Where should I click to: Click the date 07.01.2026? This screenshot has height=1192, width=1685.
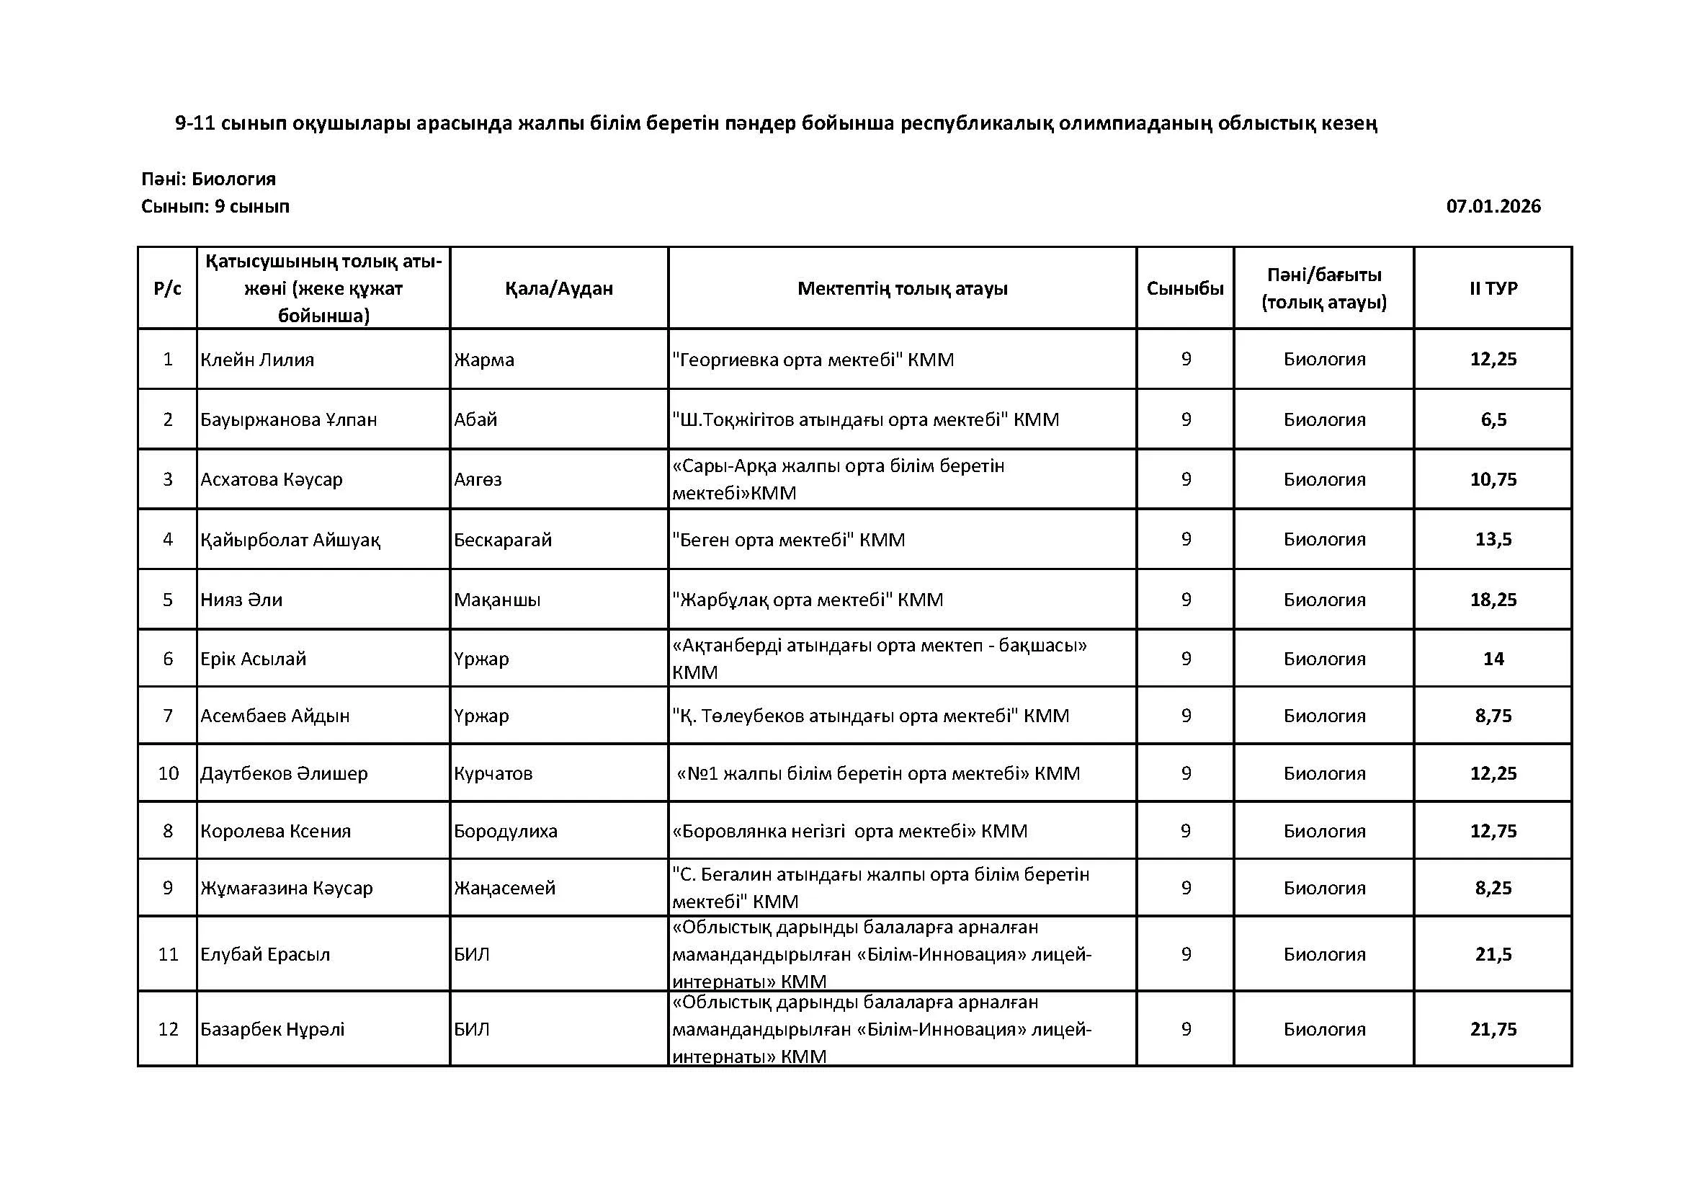pos(1493,206)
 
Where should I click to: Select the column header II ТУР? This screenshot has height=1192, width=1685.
pos(1493,288)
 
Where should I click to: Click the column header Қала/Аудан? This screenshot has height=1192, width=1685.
pos(558,288)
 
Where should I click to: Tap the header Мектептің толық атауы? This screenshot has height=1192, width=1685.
pos(902,288)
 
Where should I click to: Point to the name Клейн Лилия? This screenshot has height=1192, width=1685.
pos(257,360)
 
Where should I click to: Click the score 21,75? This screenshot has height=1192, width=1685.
pos(1493,1029)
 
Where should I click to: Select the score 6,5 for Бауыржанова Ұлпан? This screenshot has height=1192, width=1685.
pos(1493,420)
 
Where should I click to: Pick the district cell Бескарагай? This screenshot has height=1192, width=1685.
pos(503,541)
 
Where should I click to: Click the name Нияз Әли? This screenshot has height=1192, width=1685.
pos(241,600)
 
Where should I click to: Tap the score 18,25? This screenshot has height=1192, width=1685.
pos(1493,600)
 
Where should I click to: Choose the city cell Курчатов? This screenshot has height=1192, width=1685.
pos(493,773)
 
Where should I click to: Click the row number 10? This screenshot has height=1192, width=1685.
pos(168,773)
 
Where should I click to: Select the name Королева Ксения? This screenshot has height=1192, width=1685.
pos(275,831)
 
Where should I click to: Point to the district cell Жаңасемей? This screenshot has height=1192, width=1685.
pos(504,888)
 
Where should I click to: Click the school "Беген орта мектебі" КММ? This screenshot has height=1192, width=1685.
pos(788,541)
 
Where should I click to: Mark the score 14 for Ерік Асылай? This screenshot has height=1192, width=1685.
pos(1493,659)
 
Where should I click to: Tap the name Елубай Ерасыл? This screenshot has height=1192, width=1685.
pos(265,955)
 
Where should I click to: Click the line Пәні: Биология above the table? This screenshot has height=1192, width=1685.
pos(208,179)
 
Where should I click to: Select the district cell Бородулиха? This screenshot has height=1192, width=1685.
pos(506,831)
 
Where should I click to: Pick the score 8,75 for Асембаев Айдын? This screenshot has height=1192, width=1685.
pos(1493,716)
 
